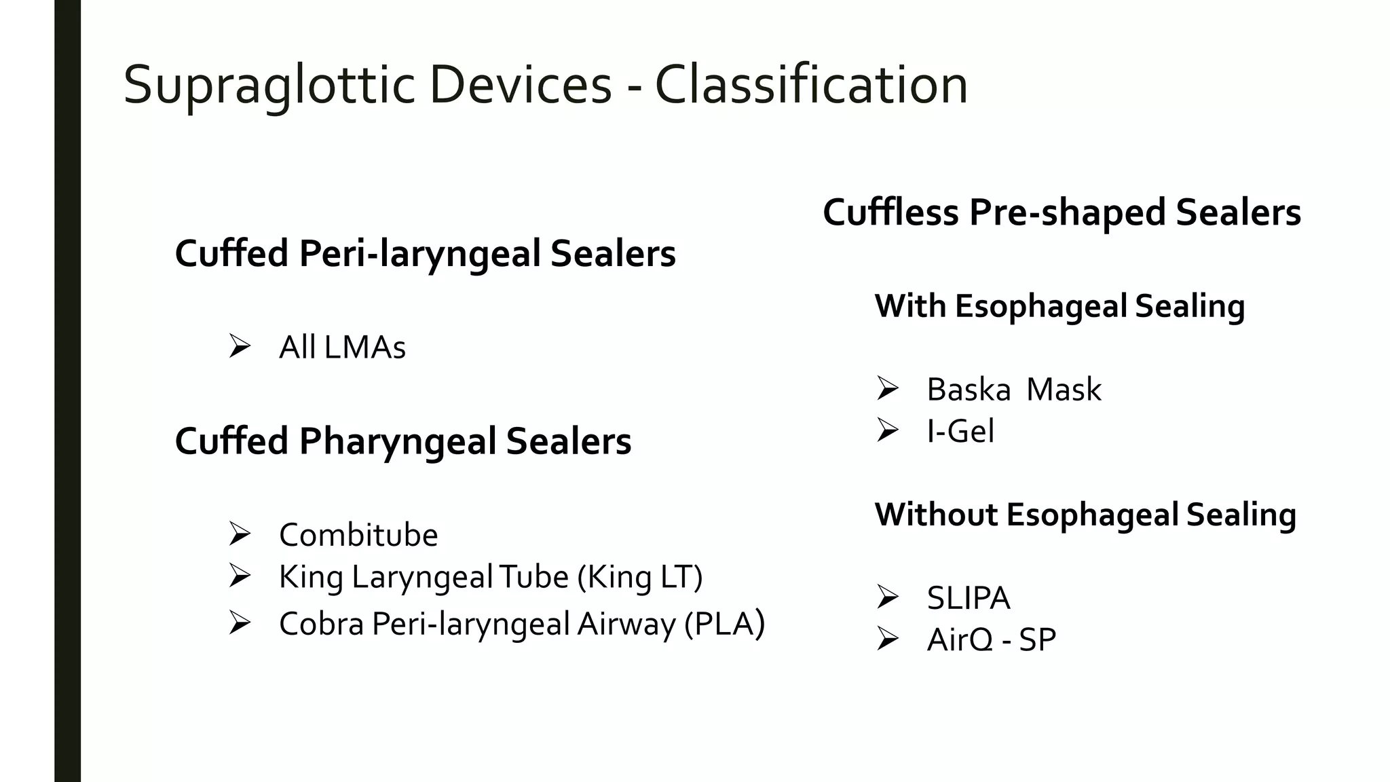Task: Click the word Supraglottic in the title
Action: [269, 86]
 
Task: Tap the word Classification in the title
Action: [811, 86]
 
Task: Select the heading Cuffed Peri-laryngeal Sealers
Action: [425, 254]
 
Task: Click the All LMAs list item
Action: [342, 348]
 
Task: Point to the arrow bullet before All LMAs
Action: [240, 346]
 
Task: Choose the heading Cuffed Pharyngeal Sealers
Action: [403, 441]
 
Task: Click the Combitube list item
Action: [358, 535]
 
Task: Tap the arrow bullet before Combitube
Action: [240, 534]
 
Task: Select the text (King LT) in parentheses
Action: [640, 577]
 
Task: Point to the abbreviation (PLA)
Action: [724, 624]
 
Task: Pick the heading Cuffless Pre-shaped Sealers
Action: [1062, 212]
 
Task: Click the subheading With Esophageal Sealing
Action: [1059, 306]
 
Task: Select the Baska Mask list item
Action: [1014, 390]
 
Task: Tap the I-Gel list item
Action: [960, 431]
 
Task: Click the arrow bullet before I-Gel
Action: [887, 430]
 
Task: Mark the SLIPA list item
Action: [969, 598]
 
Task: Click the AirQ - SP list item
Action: [992, 639]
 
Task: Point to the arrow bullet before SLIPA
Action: [887, 597]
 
